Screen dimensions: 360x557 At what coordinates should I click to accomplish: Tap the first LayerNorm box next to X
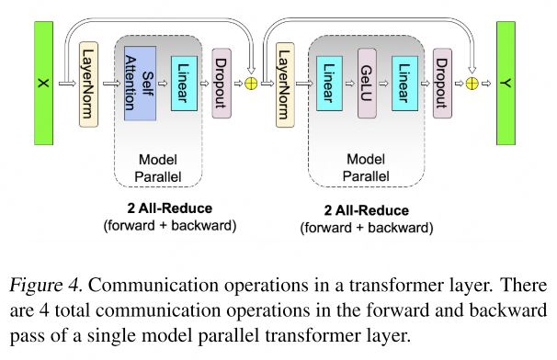pos(89,84)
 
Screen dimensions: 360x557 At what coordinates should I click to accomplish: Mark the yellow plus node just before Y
pos(472,84)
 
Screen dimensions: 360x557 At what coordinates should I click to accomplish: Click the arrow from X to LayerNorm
pos(68,84)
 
